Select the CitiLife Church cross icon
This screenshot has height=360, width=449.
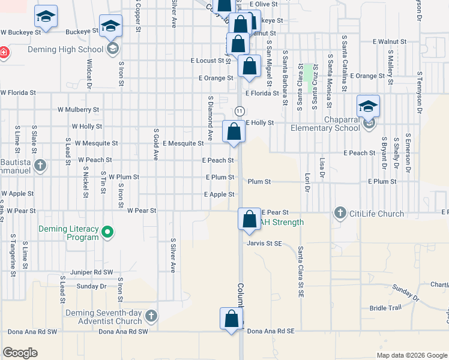340,212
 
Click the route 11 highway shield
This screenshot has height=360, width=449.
239,111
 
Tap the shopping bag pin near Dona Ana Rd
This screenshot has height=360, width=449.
232,319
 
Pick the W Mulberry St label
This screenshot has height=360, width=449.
78,110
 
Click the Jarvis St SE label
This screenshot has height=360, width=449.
264,244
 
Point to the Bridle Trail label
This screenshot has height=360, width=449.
385,308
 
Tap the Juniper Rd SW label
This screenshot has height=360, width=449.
87,272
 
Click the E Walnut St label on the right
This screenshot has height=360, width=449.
389,42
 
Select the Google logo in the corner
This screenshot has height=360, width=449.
20,353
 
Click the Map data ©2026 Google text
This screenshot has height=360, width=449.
411,355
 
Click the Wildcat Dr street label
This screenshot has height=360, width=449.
89,74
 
